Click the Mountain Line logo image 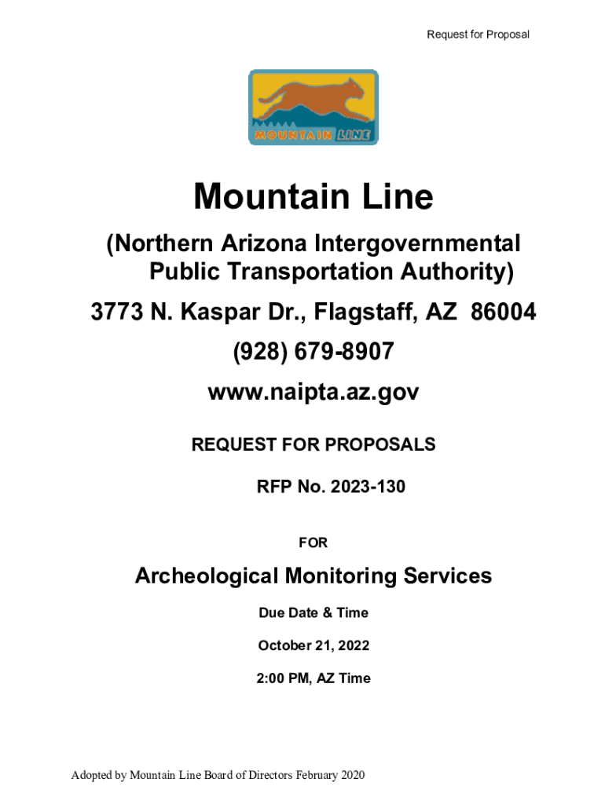313,108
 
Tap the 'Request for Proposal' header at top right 478,35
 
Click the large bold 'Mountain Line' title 313,196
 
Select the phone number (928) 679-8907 313,353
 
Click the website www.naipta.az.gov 313,393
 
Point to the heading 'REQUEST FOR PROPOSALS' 313,445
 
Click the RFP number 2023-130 368,487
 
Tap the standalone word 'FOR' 313,543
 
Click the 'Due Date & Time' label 313,612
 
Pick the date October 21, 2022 313,645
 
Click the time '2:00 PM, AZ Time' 313,678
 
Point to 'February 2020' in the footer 331,776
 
